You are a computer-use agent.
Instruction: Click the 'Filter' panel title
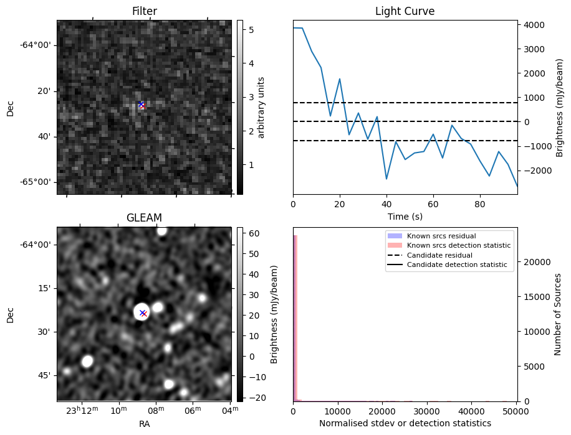144,11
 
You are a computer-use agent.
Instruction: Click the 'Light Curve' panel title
405,11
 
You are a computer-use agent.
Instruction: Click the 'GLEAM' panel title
144,218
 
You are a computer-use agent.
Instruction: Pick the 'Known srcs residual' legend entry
441,236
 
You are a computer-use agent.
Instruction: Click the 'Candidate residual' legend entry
439,256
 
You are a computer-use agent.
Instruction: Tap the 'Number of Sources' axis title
557,314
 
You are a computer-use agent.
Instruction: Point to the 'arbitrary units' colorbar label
262,107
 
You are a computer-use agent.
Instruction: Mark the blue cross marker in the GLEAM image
142,312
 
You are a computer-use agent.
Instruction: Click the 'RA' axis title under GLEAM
144,424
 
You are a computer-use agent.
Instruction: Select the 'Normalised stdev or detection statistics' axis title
405,423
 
